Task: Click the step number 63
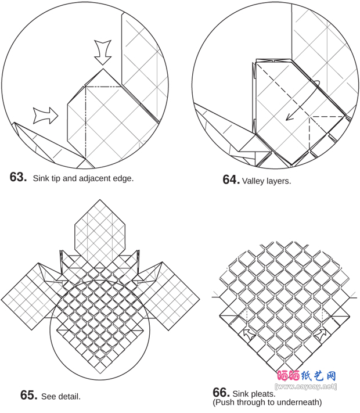18,177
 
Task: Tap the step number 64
231,180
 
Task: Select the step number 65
28,395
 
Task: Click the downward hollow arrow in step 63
103,52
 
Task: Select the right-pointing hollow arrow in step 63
45,116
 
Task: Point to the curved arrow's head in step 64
290,117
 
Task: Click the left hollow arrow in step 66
249,335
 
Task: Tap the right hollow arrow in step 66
321,335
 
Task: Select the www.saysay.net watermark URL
306,386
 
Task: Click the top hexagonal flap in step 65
100,229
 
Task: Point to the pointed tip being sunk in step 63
103,69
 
